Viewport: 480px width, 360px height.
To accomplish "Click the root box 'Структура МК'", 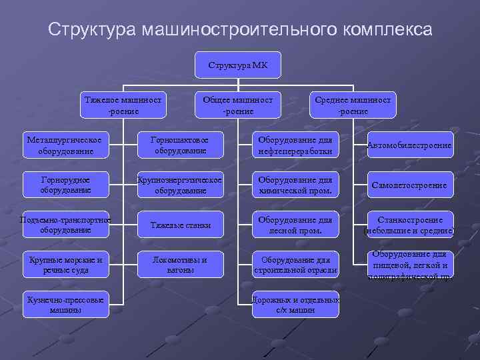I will tap(239, 65).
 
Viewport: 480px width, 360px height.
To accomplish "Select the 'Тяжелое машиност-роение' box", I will tap(124, 105).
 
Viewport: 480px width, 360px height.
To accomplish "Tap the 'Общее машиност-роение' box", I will tap(238, 105).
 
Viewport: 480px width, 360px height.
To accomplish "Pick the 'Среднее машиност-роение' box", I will tap(353, 105).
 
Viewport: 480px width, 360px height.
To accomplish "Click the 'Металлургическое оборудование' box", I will tap(65, 145).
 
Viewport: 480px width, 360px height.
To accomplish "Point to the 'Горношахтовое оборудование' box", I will tap(180, 145).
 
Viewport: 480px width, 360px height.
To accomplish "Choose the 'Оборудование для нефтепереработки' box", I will tap(295, 145).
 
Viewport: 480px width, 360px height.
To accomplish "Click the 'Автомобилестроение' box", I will tap(410, 145).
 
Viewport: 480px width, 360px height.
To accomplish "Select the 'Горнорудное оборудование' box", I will tap(65, 185).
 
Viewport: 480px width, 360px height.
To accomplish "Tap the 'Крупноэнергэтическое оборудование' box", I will tap(180, 185).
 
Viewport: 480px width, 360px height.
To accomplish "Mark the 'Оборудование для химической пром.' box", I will tap(295, 185).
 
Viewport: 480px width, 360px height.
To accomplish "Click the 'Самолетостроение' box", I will tap(410, 185).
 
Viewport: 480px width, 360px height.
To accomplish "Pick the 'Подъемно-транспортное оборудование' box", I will tap(65, 225).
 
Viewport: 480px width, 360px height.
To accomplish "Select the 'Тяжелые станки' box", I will tap(180, 225).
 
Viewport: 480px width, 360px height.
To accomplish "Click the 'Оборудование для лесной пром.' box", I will tap(295, 225).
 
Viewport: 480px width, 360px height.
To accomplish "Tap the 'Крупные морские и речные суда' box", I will tap(65, 265).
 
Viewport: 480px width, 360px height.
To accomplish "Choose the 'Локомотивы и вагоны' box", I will tap(180, 265).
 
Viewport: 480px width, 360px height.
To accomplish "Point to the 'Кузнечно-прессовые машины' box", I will tap(65, 304).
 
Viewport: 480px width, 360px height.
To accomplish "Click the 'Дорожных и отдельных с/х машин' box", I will tap(295, 304).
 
